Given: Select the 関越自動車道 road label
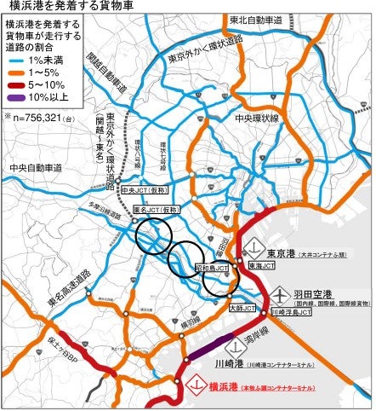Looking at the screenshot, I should tap(105, 72).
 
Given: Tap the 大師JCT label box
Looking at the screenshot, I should tap(241, 309).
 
